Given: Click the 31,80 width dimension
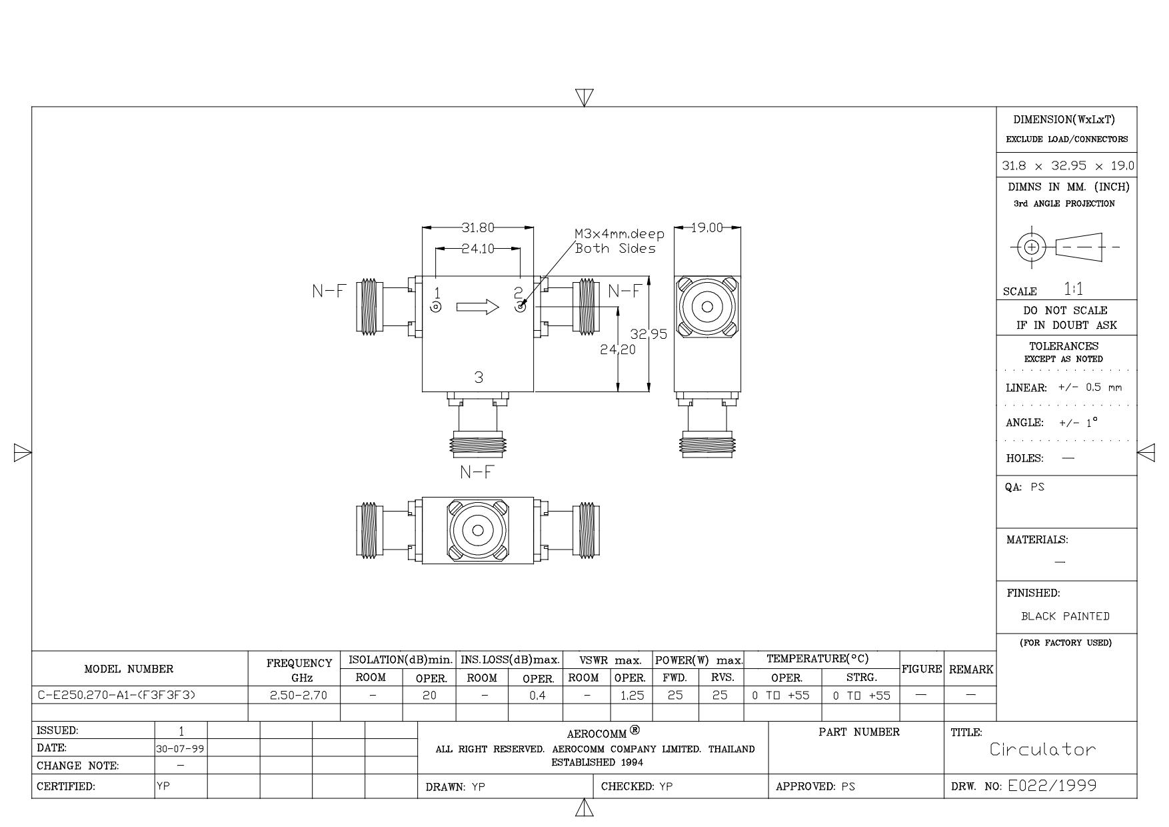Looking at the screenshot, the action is pos(478,228).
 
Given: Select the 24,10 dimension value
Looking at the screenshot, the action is pos(478,249).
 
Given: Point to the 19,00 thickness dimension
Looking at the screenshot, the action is pos(707,227).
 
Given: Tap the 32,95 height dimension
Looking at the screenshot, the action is pos(648,334).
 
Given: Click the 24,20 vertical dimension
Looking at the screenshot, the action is pos(618,349).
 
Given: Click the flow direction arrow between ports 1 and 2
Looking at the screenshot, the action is pos(478,307).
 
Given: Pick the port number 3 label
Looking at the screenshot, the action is pos(479,377).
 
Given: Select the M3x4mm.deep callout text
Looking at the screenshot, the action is pos(620,234).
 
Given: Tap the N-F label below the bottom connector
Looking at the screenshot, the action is pos(478,472).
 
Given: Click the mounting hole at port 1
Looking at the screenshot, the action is pos(436,307).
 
